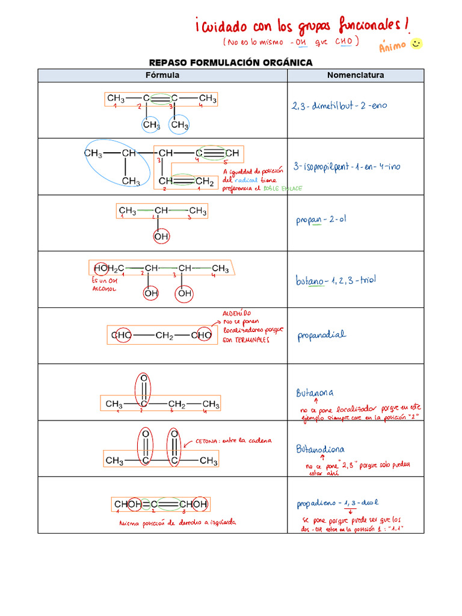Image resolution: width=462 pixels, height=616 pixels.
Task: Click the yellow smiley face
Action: [x=416, y=44]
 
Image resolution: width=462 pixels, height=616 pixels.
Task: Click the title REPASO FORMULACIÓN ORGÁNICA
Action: [x=231, y=63]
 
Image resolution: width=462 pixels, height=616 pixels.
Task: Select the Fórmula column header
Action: [x=162, y=75]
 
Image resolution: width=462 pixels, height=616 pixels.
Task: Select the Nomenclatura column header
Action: [x=356, y=75]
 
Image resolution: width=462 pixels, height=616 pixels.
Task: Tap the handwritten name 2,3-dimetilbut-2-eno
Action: [x=340, y=106]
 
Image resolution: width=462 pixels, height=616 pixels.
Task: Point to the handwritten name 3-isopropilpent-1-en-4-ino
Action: [x=346, y=166]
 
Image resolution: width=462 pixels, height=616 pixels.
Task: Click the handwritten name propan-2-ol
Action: [x=321, y=220]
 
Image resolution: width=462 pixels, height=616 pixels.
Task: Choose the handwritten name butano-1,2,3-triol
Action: [x=336, y=280]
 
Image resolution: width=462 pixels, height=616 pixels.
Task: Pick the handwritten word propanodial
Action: [x=322, y=336]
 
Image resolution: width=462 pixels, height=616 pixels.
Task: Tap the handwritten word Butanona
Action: [x=315, y=393]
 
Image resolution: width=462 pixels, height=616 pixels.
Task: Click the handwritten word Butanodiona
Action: [x=320, y=449]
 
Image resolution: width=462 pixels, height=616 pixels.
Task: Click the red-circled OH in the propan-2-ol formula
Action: [x=161, y=237]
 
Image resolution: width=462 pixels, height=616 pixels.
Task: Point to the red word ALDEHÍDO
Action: [x=236, y=313]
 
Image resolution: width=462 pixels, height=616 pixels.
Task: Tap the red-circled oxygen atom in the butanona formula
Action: [x=143, y=379]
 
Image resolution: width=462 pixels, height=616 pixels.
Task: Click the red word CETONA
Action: [x=208, y=441]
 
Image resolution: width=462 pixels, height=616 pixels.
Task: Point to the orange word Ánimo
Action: [x=393, y=47]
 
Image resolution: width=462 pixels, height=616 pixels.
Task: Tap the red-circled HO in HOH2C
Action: [x=102, y=268]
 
